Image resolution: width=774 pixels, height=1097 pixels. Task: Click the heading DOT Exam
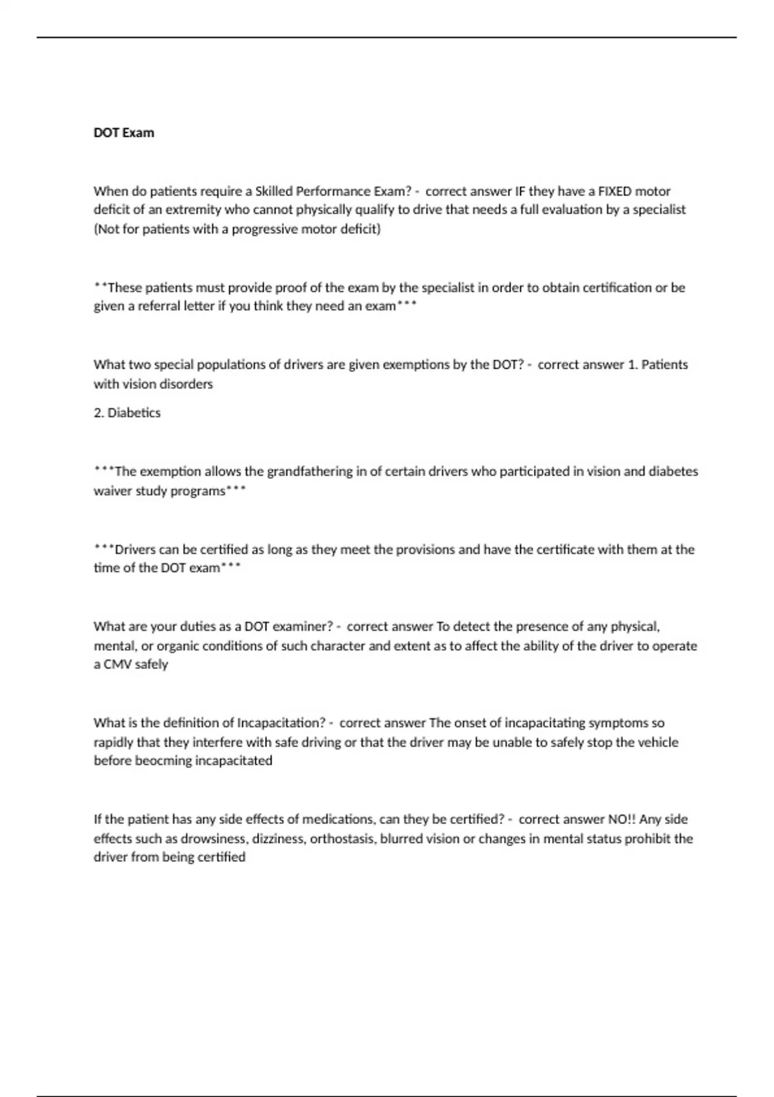[x=124, y=133]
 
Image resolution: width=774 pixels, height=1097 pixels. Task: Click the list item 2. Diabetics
[x=127, y=413]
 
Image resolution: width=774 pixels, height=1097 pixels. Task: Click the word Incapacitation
[x=281, y=723]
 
